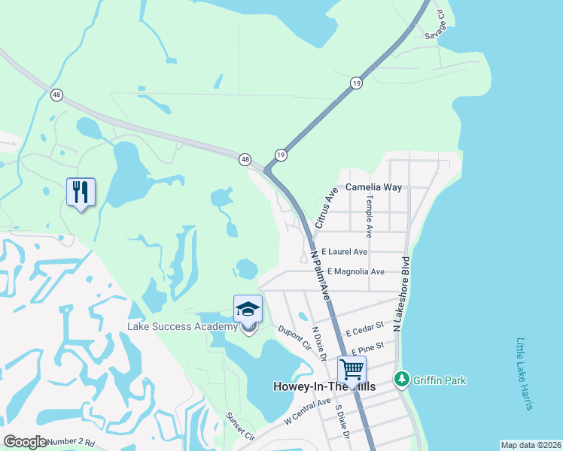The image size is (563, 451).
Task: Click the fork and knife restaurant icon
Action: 81,192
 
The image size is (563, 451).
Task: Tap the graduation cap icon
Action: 248,309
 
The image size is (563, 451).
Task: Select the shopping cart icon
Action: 351,370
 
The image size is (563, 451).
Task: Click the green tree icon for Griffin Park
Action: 402,380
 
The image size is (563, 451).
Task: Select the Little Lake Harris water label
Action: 524,374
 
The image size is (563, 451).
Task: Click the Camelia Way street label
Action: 373,187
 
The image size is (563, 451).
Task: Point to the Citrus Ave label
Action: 324,208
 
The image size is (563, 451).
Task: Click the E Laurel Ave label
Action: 344,252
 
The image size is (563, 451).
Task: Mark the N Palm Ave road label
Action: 320,273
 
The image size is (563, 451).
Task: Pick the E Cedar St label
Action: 365,328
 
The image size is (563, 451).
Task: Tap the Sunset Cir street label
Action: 241,425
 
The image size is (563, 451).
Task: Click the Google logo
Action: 25,442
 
